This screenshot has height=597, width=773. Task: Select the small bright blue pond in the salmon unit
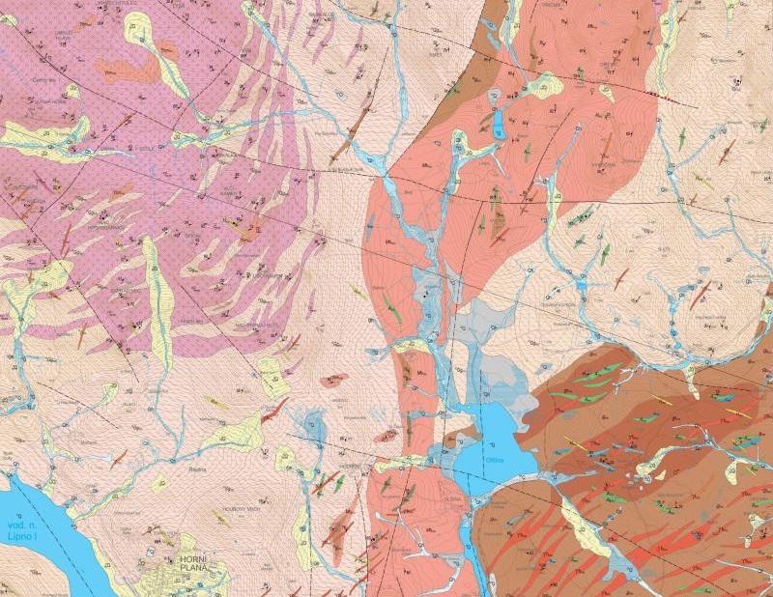[499, 126]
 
